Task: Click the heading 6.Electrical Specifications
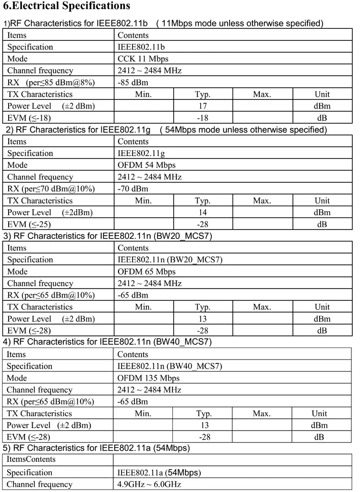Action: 67,6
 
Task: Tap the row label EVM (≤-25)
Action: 29,224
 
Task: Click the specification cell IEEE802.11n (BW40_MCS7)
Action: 169,366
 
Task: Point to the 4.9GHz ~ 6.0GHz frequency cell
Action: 149,484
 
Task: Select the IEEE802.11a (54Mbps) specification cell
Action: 159,472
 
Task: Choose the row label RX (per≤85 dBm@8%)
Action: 50,83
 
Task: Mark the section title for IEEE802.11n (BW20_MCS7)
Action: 108,236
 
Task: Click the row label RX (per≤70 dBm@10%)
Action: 50,189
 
